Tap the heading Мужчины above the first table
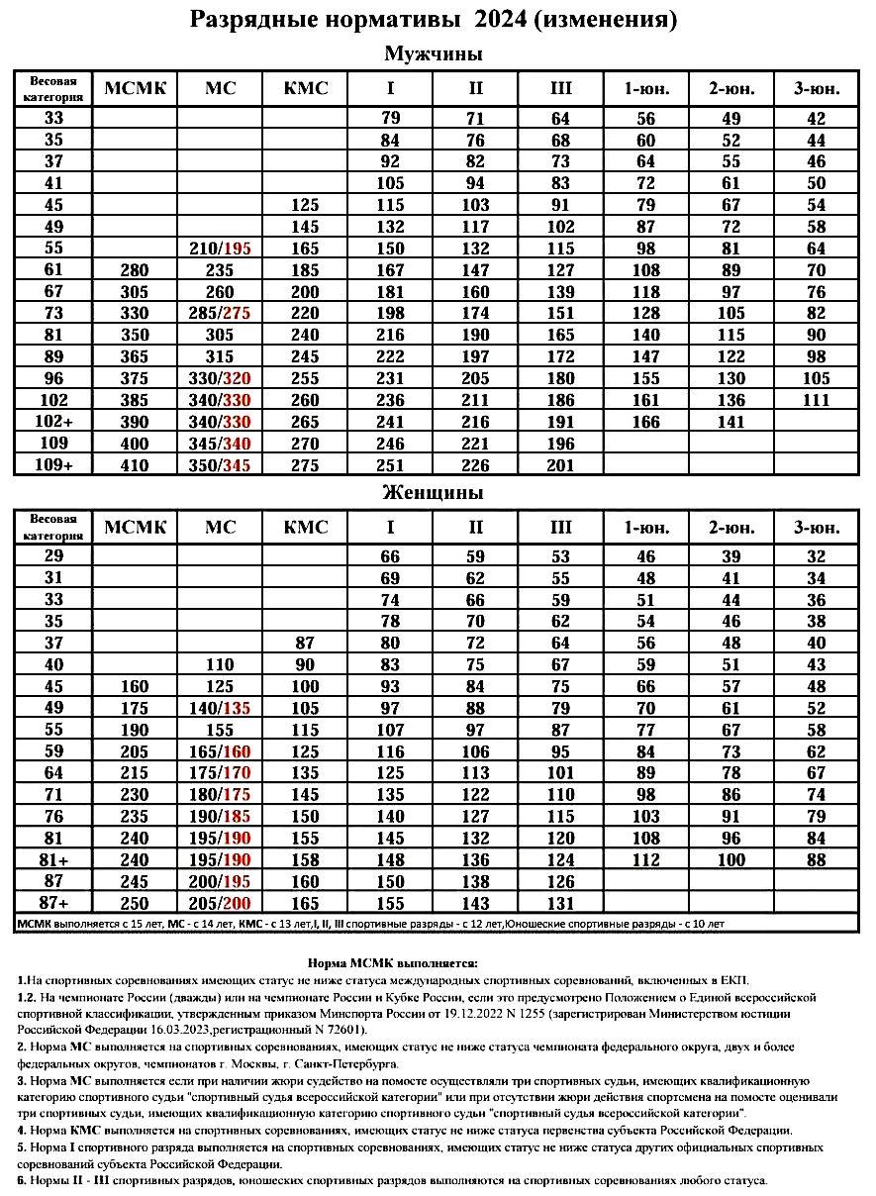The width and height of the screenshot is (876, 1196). pos(433,53)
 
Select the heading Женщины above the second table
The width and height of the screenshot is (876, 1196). pos(433,492)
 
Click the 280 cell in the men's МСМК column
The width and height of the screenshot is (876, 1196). pos(135,268)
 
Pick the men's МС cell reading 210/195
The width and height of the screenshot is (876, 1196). pos(220,247)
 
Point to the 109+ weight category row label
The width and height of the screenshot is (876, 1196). pos(53,464)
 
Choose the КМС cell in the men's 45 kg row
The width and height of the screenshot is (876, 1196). pos(305,206)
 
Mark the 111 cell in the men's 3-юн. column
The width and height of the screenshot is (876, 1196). pos(817,401)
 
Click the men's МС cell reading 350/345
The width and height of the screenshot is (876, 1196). pos(220,464)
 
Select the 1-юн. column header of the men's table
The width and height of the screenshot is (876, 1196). pos(646,89)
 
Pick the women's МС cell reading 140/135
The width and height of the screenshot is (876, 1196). pos(220,708)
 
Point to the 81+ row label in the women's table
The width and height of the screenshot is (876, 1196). pos(53,858)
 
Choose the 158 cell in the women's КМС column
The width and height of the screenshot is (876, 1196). pos(305,858)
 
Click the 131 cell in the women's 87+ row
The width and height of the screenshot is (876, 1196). pos(560,903)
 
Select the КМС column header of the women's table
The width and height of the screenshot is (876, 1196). pos(305,528)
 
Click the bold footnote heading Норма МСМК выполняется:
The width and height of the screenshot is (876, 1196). pos(393,961)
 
